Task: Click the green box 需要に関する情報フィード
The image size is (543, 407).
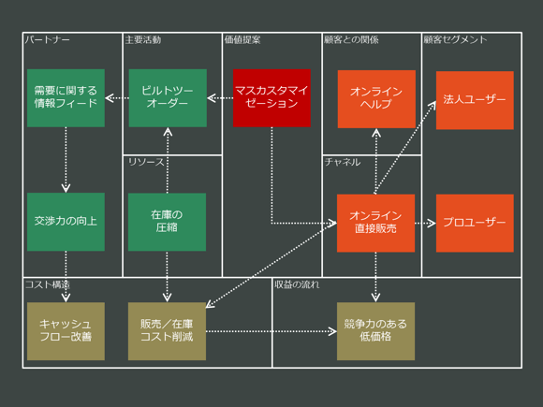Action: point(66,97)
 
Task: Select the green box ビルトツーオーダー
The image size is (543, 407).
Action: point(168,97)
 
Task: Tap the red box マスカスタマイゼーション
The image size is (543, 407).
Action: point(271,97)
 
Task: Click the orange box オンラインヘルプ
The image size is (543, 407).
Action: point(376,97)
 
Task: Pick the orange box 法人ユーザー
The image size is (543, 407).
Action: point(475,99)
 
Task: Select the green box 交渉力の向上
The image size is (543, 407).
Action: point(66,222)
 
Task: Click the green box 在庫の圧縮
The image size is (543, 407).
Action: point(167,222)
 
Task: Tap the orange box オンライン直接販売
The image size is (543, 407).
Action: point(375,222)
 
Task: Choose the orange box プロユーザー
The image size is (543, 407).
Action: point(475,223)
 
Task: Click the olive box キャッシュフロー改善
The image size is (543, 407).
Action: point(66,330)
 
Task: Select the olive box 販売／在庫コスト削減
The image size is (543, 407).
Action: point(167,330)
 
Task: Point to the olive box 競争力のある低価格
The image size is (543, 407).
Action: point(375,330)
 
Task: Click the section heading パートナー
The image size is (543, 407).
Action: point(48,40)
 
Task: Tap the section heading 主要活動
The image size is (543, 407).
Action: point(143,40)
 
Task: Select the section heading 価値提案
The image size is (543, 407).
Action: point(242,40)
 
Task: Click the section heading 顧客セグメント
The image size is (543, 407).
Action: point(456,40)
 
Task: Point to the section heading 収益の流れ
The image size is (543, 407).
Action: point(297,283)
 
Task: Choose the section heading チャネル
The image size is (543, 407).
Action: point(342,162)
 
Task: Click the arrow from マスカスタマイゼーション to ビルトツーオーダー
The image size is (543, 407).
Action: point(220,97)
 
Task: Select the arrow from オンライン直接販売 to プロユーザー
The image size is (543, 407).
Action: point(425,223)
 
